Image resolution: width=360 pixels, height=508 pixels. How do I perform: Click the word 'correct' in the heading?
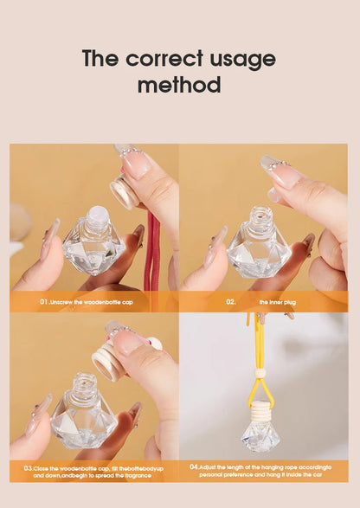tap(165, 59)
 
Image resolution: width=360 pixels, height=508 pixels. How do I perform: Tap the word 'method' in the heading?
tap(179, 86)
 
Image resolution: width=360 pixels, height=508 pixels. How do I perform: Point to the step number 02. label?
tap(231, 302)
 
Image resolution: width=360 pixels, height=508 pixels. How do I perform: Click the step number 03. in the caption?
tap(28, 466)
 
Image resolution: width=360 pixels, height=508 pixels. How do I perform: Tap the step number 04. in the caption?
tap(194, 466)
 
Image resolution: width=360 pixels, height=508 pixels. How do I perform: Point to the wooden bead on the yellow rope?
tap(260, 374)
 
